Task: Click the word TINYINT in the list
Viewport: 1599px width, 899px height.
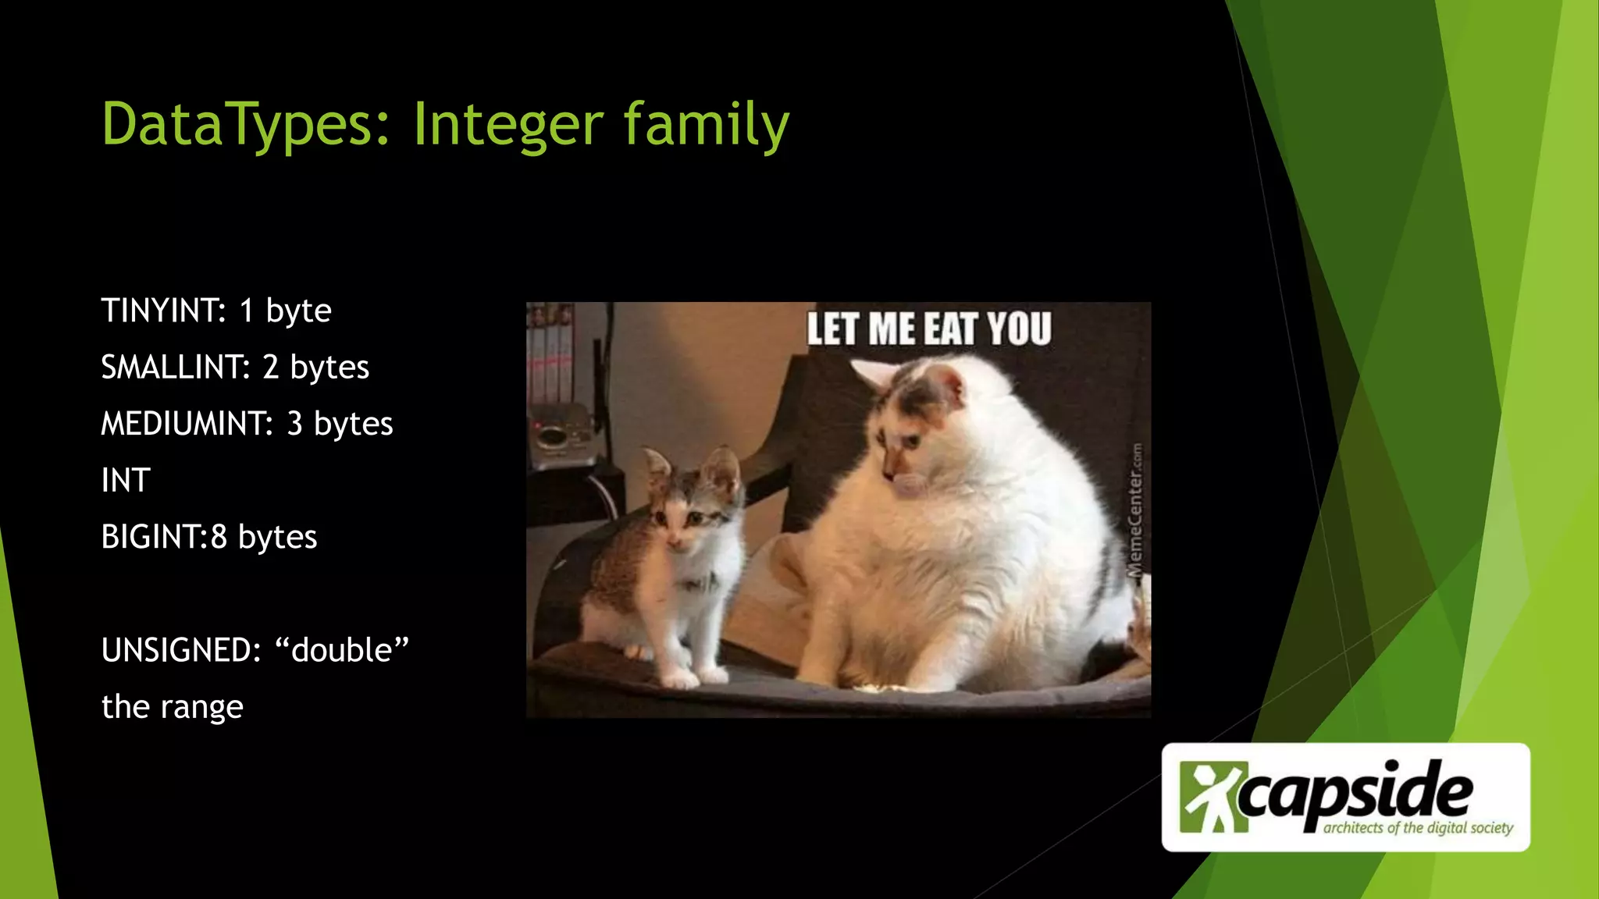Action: (162, 311)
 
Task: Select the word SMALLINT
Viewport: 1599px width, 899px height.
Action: (175, 367)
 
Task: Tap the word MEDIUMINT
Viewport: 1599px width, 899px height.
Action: (186, 424)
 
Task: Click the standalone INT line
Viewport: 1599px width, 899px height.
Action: (125, 481)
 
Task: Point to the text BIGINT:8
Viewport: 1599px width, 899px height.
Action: (164, 537)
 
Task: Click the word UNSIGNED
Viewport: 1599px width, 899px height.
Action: (180, 650)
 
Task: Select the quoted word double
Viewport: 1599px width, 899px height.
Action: (342, 650)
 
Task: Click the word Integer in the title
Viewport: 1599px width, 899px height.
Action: (507, 124)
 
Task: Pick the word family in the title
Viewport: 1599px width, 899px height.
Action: (706, 124)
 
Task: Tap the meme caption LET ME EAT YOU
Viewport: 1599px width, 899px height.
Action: (928, 329)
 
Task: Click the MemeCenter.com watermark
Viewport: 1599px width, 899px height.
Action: (1136, 511)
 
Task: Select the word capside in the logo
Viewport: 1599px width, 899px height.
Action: (1355, 792)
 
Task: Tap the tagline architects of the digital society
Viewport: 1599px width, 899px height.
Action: (1417, 827)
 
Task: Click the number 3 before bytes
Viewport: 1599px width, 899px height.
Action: (294, 424)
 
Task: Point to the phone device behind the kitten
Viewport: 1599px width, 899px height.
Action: (564, 437)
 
